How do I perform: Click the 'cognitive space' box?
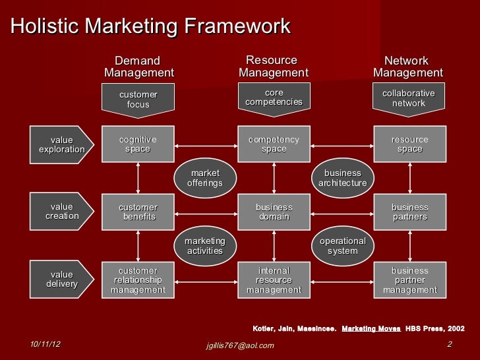pyautogui.click(x=138, y=144)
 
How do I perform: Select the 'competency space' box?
pyautogui.click(x=274, y=144)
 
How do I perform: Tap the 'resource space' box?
pyautogui.click(x=409, y=144)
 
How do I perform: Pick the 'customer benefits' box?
pyautogui.click(x=138, y=212)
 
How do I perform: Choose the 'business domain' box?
pyautogui.click(x=274, y=212)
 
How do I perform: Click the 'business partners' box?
pyautogui.click(x=409, y=212)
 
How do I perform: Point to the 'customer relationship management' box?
pyautogui.click(x=138, y=280)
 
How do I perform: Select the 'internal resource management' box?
pyautogui.click(x=274, y=280)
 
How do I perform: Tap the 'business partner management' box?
pyautogui.click(x=409, y=280)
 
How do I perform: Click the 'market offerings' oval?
pyautogui.click(x=205, y=178)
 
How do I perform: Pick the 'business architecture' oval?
pyautogui.click(x=342, y=178)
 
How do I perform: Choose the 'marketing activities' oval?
pyautogui.click(x=205, y=246)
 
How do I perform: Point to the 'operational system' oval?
pyautogui.click(x=342, y=246)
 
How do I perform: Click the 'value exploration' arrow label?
pyautogui.click(x=62, y=144)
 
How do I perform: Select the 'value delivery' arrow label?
pyautogui.click(x=62, y=279)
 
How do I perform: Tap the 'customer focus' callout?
pyautogui.click(x=138, y=100)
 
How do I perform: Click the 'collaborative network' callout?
pyautogui.click(x=409, y=99)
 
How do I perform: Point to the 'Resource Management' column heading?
pyautogui.click(x=273, y=67)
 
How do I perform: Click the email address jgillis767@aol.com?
pyautogui.click(x=240, y=345)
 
